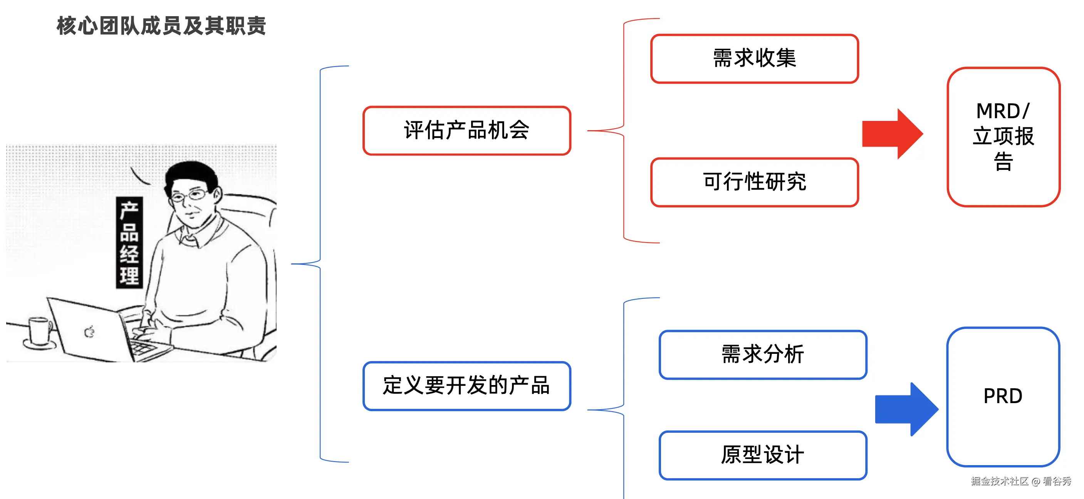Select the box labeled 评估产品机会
pos(466,131)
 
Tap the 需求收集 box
pos(754,59)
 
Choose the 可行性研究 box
pos(754,182)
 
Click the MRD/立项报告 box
pos(1003,137)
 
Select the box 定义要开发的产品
pos(466,385)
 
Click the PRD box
pos(1003,396)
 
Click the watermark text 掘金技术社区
pos(999,481)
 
